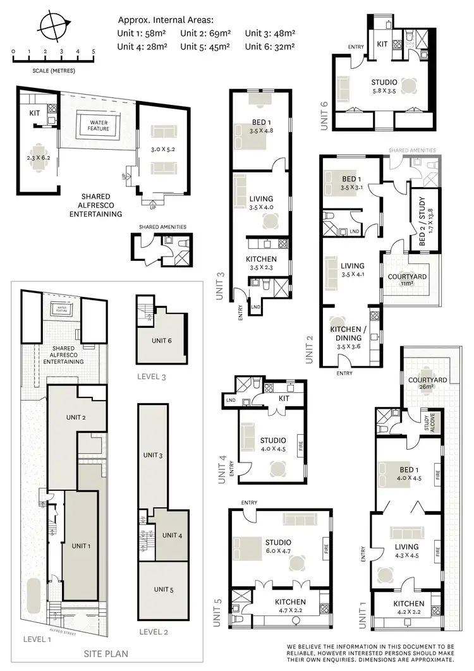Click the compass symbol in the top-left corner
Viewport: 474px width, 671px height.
54,26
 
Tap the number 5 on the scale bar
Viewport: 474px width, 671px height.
94,51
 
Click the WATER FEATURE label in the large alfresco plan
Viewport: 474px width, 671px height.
99,125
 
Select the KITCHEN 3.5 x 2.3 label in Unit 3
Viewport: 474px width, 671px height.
261,263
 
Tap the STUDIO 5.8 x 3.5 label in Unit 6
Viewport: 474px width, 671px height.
384,87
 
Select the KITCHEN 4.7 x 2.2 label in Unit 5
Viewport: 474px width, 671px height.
290,606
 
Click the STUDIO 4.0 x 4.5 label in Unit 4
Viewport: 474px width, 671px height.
273,444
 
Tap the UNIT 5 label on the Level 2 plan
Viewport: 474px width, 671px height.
164,589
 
